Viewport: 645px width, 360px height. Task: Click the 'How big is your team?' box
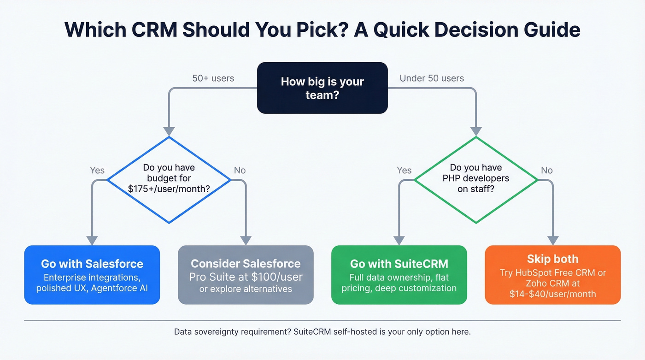[x=322, y=88]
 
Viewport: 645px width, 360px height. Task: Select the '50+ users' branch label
[x=213, y=78]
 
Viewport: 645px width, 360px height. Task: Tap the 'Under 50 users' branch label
[x=432, y=78]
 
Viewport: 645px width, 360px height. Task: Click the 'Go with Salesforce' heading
[x=92, y=264]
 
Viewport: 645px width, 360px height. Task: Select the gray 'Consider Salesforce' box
[x=246, y=275]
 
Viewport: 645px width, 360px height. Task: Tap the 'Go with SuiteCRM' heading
[x=399, y=264]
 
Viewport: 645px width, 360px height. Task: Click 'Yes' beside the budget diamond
[x=97, y=170]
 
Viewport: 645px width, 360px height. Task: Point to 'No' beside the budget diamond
[x=240, y=170]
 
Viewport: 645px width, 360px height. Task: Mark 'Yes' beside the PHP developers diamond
[x=404, y=170]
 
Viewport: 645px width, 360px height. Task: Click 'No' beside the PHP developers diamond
[x=546, y=170]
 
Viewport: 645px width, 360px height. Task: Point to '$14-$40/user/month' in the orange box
[x=552, y=294]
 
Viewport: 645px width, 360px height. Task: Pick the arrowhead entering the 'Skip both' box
[x=553, y=241]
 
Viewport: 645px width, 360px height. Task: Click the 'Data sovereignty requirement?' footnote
[x=232, y=331]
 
